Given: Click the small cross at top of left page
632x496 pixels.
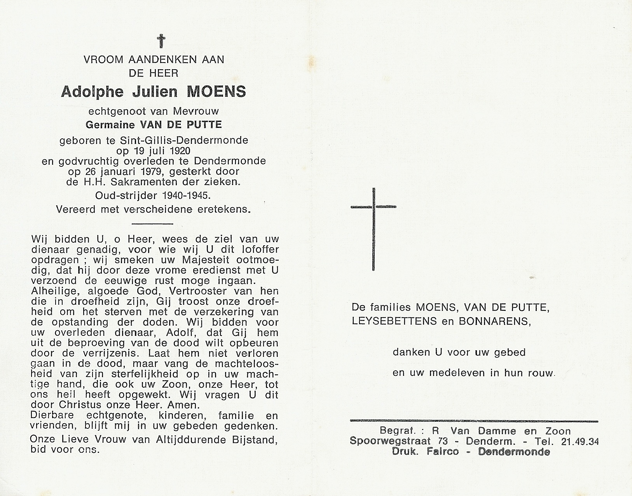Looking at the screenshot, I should pyautogui.click(x=161, y=41).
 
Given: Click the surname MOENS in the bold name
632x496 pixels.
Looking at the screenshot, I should pyautogui.click(x=216, y=92).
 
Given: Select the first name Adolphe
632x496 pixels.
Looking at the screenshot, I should pyautogui.click(x=92, y=92).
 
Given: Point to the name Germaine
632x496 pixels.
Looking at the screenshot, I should pyautogui.click(x=110, y=125).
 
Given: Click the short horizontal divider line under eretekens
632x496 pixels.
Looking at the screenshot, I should pyautogui.click(x=152, y=224).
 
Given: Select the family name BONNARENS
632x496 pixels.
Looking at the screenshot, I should pyautogui.click(x=494, y=321).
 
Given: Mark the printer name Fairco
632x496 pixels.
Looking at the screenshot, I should pyautogui.click(x=442, y=452).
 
